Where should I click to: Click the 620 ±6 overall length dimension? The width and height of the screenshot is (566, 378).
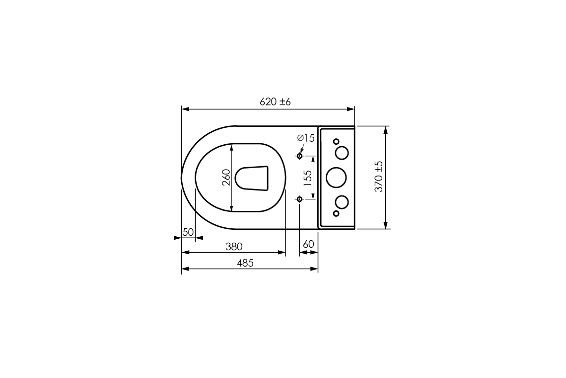pos(275,102)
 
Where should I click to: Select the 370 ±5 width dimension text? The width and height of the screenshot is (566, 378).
pos(379,177)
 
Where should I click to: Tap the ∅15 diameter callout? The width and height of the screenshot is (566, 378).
pos(306,138)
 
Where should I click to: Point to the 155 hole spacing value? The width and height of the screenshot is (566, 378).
pos(308,178)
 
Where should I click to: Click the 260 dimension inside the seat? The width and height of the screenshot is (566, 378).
pos(226,178)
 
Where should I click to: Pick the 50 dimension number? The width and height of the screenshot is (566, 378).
pos(188,232)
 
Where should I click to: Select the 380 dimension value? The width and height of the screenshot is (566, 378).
pos(234,247)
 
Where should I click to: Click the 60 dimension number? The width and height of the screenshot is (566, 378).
pos(308,244)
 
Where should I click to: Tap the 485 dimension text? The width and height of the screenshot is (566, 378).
pos(245,263)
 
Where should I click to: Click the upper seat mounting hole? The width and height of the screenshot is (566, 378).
pos(299,156)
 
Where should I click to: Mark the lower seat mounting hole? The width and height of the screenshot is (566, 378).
pos(299,199)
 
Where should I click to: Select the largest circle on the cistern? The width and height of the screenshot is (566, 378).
pos(336,177)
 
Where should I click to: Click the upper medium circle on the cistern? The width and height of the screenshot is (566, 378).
pos(342,153)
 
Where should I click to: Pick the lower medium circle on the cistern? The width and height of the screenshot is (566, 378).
pos(342,201)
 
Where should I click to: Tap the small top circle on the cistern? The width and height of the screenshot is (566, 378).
pos(336,141)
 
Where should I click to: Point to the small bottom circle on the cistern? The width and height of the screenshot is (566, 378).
pos(336,213)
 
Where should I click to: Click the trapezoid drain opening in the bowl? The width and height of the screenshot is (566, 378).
pos(252,178)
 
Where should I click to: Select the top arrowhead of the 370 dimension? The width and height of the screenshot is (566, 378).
pos(385,130)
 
